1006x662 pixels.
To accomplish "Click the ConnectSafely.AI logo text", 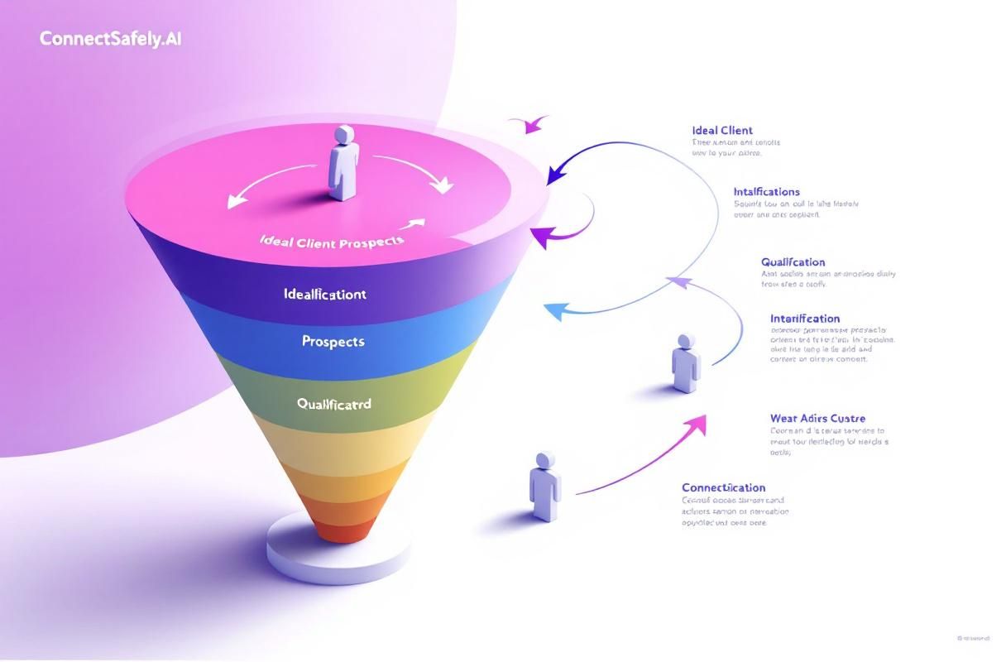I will click(x=109, y=38).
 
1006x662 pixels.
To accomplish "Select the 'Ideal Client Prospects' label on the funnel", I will click(x=332, y=241).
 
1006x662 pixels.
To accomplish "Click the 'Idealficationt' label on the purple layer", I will click(x=324, y=294).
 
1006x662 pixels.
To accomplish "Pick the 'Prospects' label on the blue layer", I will click(x=333, y=341).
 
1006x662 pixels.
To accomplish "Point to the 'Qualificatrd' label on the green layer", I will click(x=334, y=404).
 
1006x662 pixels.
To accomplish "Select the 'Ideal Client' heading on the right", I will click(x=722, y=130).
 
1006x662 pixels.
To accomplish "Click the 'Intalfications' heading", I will click(x=766, y=192).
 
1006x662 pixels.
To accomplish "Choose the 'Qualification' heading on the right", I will click(x=793, y=262).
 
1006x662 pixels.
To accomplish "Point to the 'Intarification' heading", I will click(x=804, y=319).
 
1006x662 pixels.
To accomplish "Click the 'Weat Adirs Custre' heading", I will click(x=817, y=419).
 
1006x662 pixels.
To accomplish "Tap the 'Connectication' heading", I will click(x=723, y=487).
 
